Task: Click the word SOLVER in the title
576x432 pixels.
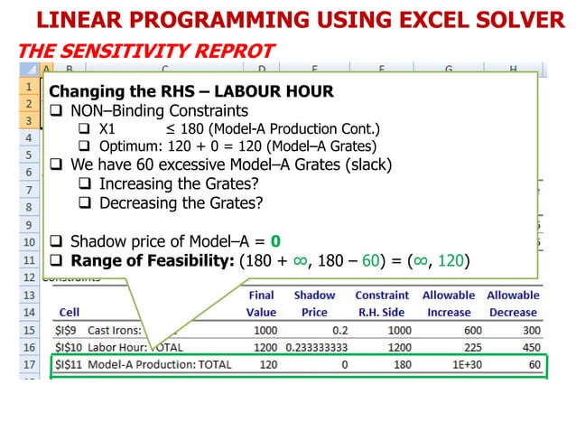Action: [x=507, y=20]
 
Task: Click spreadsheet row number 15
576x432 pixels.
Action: [x=29, y=330]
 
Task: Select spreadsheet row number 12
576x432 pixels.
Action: [x=29, y=277]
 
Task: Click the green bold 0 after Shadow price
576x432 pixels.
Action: [x=276, y=242]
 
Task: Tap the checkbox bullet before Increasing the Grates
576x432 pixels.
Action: [x=85, y=185]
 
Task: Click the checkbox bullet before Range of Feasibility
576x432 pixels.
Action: [x=56, y=260]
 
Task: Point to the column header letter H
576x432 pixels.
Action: [x=512, y=68]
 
